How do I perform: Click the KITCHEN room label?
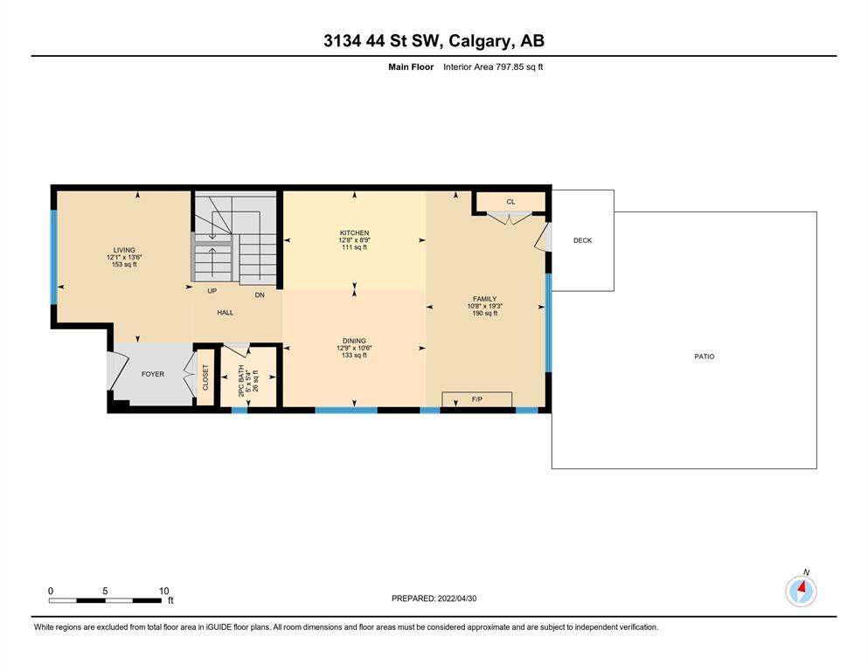coord(354,233)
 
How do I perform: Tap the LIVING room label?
coord(124,250)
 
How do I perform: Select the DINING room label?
coord(354,341)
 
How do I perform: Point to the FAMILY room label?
coord(484,299)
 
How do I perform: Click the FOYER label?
coord(153,374)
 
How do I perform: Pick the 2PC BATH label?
coord(241,381)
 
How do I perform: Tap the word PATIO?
coord(705,356)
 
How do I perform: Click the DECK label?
coord(582,240)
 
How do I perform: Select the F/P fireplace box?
coord(476,399)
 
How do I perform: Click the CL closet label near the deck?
coord(510,202)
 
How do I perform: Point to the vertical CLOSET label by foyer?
coord(205,377)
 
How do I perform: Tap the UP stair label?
coord(212,291)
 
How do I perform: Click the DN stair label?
coord(260,295)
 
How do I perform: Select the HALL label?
coord(226,313)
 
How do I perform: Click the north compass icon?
coord(801,591)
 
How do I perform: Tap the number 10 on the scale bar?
coord(163,591)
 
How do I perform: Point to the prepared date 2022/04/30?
coord(456,598)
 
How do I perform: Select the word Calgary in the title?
coord(479,41)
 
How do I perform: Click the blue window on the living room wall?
coord(53,257)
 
